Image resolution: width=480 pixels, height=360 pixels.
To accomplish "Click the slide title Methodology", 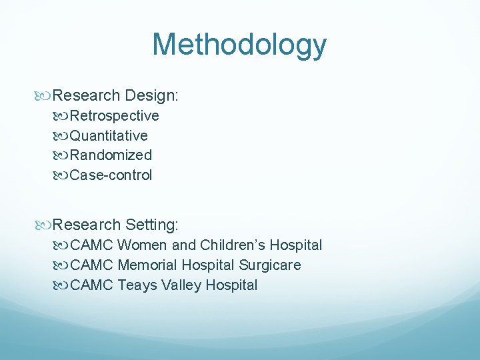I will click(239, 45).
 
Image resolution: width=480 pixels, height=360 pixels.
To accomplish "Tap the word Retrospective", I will click(115, 116).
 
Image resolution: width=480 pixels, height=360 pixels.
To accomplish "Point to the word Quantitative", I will click(109, 136).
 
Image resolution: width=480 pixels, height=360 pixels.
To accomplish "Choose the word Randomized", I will click(111, 155).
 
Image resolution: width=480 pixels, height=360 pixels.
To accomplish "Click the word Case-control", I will click(111, 175).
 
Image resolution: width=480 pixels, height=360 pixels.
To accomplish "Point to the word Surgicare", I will click(270, 265).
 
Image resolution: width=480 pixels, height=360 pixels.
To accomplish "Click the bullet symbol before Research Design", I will click(45, 96).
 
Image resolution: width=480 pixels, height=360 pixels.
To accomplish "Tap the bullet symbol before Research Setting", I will click(45, 225).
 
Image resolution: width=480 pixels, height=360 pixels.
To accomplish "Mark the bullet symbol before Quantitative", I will click(63, 136).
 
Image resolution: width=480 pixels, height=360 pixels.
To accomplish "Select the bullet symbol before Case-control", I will click(63, 176).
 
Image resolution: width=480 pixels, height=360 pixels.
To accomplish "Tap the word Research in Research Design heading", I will click(86, 95).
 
